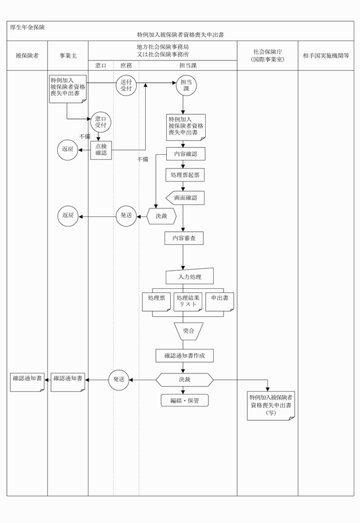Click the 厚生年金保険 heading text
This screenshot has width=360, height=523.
[28, 27]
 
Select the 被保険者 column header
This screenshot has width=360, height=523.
[27, 56]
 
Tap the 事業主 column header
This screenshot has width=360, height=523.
[68, 56]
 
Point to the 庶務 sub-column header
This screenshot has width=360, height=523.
[126, 66]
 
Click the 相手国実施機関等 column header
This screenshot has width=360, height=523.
[326, 56]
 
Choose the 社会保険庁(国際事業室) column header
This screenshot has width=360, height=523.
[267, 55]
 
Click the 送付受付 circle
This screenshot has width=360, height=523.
[126, 86]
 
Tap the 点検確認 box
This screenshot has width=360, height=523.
[101, 150]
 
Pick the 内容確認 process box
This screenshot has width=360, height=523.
[185, 155]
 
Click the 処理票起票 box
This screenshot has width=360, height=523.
[185, 175]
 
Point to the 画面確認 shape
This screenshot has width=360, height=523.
[185, 198]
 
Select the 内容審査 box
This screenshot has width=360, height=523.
[184, 238]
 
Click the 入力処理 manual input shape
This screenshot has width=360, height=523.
[190, 277]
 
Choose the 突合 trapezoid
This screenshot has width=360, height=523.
[189, 331]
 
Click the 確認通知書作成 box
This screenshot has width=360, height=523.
[185, 356]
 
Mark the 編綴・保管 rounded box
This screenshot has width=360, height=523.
[185, 400]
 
